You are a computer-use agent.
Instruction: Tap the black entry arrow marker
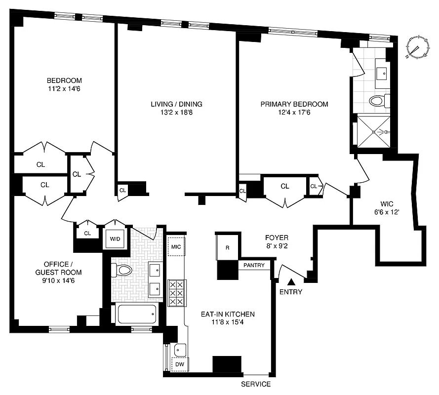coord(292,282)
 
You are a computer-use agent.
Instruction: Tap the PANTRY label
coord(255,266)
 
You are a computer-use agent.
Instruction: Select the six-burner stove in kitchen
coord(176,293)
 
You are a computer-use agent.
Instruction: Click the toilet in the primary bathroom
coord(378,101)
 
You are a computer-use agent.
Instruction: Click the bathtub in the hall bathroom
coord(137,314)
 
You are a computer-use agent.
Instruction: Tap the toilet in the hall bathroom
coord(123,270)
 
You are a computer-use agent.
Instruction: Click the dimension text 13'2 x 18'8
coord(176,113)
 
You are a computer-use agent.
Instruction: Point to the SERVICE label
coord(255,384)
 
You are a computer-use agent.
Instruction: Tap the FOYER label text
coord(276,237)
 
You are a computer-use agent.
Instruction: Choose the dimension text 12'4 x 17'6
coord(294,113)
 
